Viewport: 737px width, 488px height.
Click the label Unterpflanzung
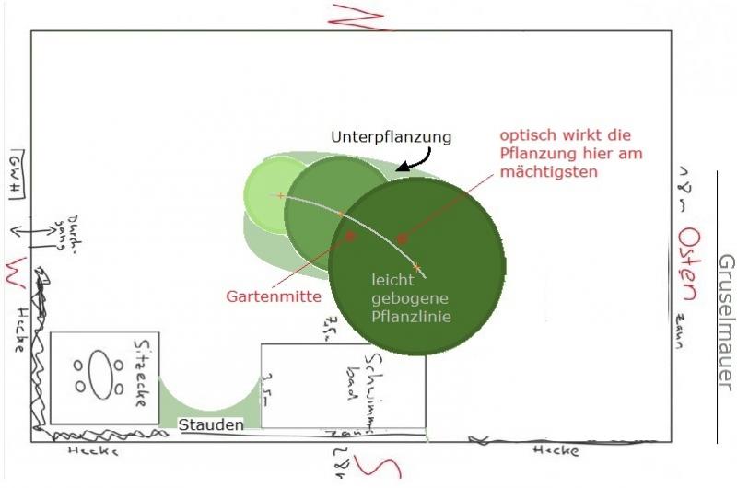point(392,136)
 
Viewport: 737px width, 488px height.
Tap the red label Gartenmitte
point(274,296)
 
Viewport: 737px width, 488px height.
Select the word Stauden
point(212,424)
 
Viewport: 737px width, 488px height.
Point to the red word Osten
point(685,267)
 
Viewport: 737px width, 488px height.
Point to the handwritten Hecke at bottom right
point(556,451)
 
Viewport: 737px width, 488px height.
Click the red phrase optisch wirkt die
point(564,135)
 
